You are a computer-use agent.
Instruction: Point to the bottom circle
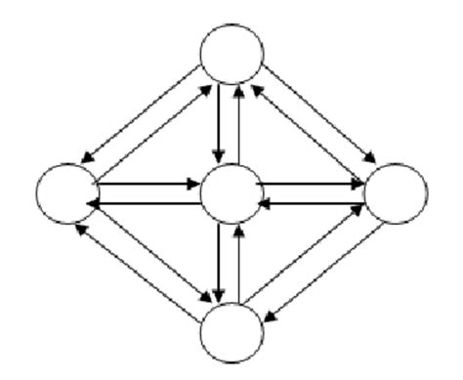232,332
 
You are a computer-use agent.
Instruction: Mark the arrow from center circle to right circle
313,181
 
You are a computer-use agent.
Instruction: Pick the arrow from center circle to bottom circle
220,264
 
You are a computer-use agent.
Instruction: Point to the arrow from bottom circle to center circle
241,264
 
